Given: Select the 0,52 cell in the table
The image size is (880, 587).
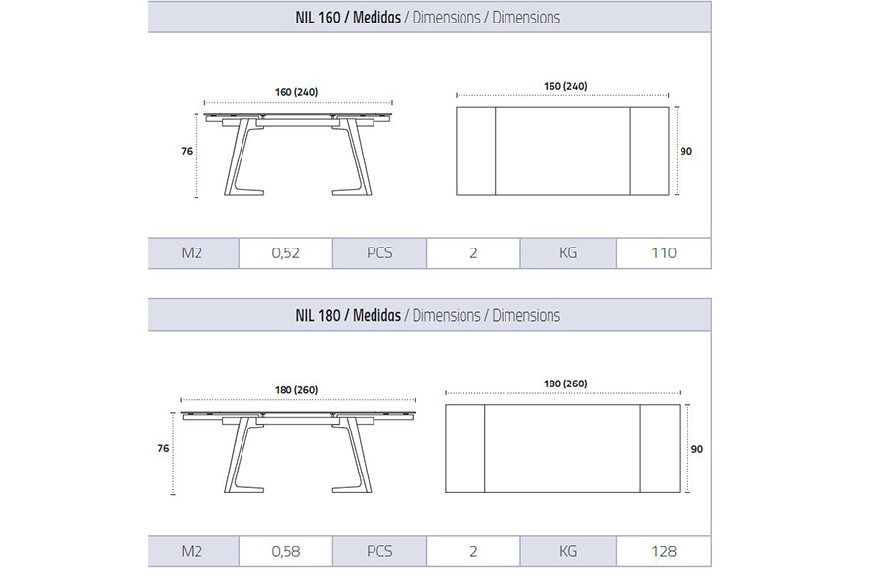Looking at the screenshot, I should click(x=286, y=253).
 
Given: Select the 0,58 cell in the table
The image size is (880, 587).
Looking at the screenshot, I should click(x=286, y=551).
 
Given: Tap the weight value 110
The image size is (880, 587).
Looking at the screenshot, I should click(x=663, y=253).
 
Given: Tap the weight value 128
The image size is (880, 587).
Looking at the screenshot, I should click(x=663, y=551).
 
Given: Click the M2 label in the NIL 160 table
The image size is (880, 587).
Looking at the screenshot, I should click(x=192, y=253).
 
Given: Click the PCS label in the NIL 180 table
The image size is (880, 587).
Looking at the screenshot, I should click(x=379, y=551).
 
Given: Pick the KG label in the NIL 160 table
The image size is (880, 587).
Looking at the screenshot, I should click(x=568, y=253).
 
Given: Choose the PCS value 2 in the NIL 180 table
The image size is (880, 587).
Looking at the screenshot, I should click(x=473, y=551).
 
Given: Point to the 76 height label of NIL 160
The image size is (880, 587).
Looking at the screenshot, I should click(x=186, y=152).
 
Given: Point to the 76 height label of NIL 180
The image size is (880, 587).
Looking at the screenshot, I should click(x=164, y=448).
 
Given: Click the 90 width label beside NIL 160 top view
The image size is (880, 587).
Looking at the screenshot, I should click(x=686, y=151).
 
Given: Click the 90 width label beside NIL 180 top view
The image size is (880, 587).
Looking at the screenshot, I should click(x=696, y=448).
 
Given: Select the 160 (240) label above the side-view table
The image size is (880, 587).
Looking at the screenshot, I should click(x=296, y=92).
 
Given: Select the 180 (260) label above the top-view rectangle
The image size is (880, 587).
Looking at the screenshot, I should click(x=563, y=384).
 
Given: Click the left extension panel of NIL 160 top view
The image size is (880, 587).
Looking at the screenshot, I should click(x=476, y=151).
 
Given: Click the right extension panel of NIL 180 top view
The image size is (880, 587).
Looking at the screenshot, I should click(x=660, y=448).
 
